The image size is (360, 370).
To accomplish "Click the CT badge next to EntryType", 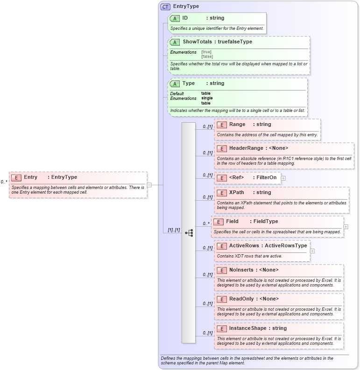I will pos(165,7).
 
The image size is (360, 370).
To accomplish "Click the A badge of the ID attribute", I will pos(175,18).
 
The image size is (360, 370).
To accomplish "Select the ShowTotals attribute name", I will pos(197,42).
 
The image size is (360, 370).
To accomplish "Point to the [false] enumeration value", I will pos(207,56).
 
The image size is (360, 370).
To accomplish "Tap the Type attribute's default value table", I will pos(206,93).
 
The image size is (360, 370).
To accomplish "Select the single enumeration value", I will pos(207,98).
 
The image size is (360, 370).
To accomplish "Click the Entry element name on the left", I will pos(31,177).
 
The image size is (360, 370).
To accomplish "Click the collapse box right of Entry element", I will pos(149,185).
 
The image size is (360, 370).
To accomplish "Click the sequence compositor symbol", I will pos(189,233).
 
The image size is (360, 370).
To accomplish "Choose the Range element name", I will pos(237,125).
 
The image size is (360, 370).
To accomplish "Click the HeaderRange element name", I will pos(246,148).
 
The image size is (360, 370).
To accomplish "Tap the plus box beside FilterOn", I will pos(283,178).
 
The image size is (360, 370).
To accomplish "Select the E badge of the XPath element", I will pos(222,193).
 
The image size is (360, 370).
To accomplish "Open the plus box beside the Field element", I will pos(346,227).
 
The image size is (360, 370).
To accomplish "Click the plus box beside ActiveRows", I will pos(312,251).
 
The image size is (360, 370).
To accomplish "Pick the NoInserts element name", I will pos(241,270).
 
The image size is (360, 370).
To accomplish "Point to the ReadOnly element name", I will pos(241,299).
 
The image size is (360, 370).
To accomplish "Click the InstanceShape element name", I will pos(247,328).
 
